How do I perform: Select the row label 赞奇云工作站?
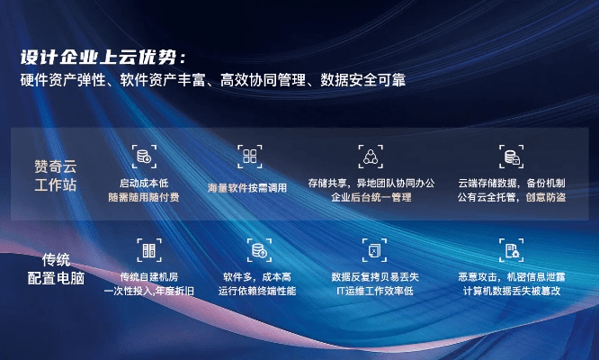coord(55,175)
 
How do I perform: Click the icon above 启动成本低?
coord(143,156)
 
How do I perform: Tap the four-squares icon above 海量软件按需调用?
coord(249,156)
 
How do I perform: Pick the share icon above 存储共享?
coord(371,156)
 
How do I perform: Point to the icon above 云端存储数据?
coord(511,156)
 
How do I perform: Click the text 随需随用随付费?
coord(143,196)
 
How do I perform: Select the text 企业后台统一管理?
coord(371,196)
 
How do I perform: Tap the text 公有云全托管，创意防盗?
coord(511,196)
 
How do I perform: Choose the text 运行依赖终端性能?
coord(257,291)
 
